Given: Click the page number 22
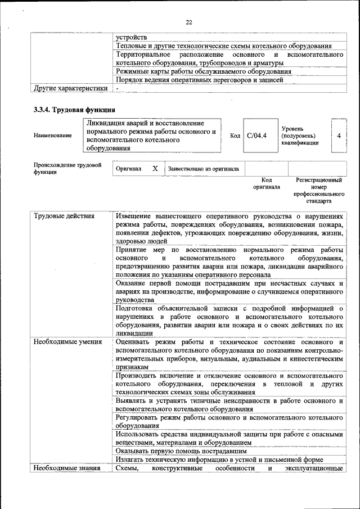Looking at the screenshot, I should [189, 22].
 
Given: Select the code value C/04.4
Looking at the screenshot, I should [256, 136].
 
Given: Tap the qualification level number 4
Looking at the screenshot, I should [339, 136].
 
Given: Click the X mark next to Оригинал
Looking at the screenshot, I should [155, 168].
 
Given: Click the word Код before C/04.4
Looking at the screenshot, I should [235, 136].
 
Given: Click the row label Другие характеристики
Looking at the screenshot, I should [70, 88].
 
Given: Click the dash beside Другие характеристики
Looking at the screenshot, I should [117, 88].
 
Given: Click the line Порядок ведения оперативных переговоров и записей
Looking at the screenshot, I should [207, 80].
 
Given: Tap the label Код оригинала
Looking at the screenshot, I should [267, 183].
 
